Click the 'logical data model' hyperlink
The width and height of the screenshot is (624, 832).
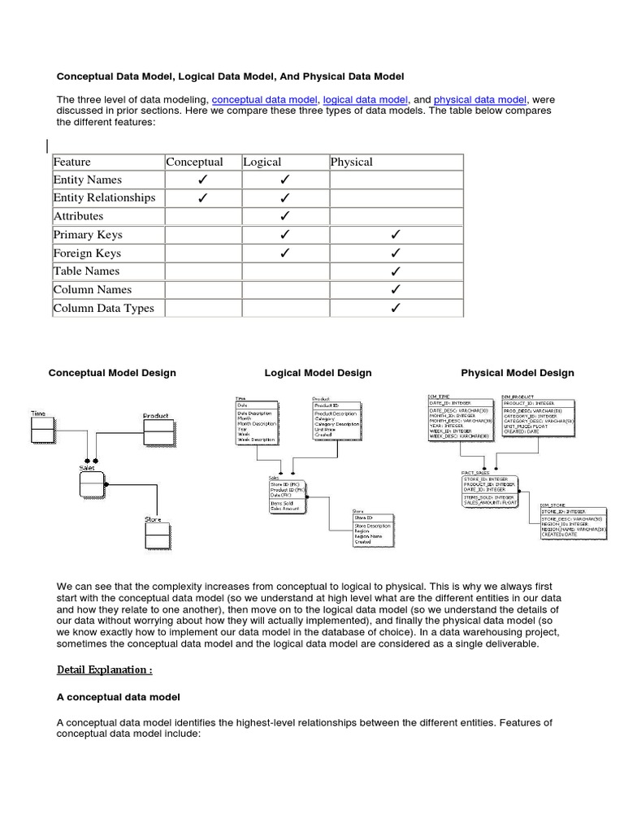coord(365,99)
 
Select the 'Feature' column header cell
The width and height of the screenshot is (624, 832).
coord(72,162)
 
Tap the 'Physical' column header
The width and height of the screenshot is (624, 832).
coord(351,162)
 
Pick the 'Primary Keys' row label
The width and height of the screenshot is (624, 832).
coord(88,235)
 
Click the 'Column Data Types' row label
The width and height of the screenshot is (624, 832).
coord(103,308)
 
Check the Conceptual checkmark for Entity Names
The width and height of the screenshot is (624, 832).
coord(201,180)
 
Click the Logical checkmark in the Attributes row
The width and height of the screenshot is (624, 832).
coord(285,216)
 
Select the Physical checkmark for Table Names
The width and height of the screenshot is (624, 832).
coord(396,271)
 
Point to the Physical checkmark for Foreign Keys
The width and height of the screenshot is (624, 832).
coord(396,253)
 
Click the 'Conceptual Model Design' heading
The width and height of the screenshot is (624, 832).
coord(112,373)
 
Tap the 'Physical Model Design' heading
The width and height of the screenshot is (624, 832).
coord(518,373)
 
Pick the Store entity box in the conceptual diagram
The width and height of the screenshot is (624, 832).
coord(156,537)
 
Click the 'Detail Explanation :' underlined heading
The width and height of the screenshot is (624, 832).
coord(105,670)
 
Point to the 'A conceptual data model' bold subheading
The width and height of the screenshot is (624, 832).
coord(119,697)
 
